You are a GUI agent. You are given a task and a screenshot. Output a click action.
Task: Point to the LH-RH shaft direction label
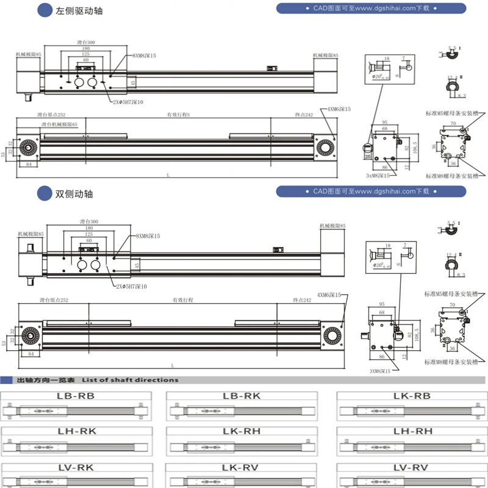pos(412,431)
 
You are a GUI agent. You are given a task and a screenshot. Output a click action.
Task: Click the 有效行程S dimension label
pos(178,115)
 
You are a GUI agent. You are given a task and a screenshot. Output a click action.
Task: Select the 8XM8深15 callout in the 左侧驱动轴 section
pos(144,56)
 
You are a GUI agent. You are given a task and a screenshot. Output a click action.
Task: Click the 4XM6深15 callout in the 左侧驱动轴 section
pos(339,109)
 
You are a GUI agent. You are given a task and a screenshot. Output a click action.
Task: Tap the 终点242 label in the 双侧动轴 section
pos(302,300)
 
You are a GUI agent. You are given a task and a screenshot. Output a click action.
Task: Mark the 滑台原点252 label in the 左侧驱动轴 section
pos(51,115)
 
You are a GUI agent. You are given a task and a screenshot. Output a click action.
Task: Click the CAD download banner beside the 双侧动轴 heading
pos(371,192)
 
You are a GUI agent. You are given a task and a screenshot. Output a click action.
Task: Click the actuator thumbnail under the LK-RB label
pos(412,411)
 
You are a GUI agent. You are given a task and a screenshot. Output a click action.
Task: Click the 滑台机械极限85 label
pos(59,124)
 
